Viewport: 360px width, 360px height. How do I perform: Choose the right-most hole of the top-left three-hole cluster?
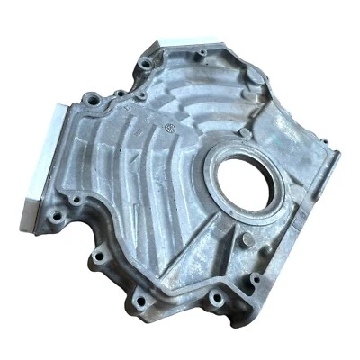(x=141, y=94)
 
